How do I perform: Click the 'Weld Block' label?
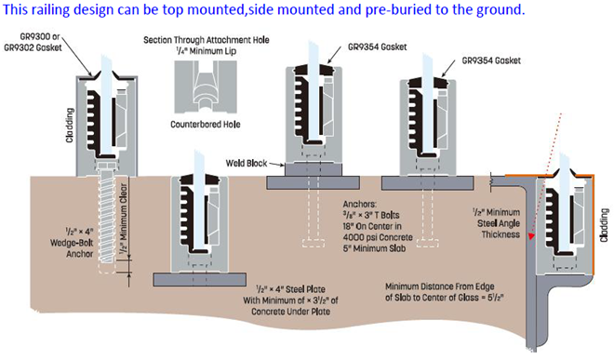(x=247, y=163)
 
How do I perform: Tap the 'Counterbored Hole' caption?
(x=206, y=125)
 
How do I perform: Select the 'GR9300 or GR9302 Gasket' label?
(x=33, y=42)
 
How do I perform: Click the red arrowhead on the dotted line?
(x=531, y=236)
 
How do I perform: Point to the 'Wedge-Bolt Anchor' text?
(x=72, y=248)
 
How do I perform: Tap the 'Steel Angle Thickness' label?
(x=499, y=229)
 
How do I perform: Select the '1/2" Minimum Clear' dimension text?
(x=124, y=219)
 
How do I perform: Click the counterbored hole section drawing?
(x=206, y=87)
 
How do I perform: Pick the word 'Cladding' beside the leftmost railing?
(x=70, y=126)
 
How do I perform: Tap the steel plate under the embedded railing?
(x=200, y=280)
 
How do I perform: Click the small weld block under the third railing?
(x=314, y=169)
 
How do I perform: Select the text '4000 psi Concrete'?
(x=378, y=237)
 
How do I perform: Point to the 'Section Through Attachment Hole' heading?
(x=207, y=40)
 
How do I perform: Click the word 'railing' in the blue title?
(x=49, y=9)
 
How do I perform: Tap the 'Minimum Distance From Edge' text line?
(x=440, y=287)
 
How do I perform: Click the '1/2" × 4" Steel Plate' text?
(x=290, y=289)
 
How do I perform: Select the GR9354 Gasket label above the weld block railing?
(x=377, y=47)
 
